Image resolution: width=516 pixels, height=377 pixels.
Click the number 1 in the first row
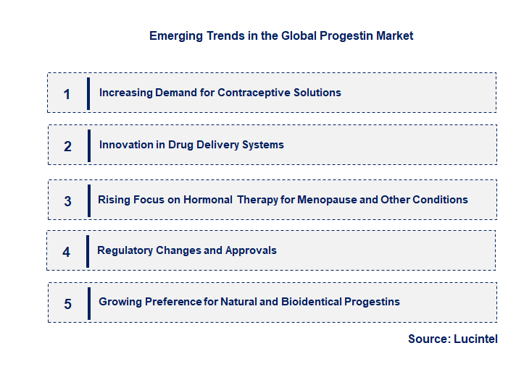(x=67, y=94)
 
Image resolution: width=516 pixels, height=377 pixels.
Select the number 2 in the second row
(x=67, y=146)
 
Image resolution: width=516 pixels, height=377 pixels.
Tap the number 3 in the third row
(x=67, y=201)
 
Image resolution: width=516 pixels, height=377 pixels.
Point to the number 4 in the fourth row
(x=67, y=252)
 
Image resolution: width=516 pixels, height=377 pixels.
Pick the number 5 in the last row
(x=67, y=304)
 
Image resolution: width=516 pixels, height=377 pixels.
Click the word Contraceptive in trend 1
(x=251, y=93)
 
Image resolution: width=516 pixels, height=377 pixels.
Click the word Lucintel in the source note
(x=475, y=339)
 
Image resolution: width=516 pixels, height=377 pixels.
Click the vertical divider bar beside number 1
(x=88, y=93)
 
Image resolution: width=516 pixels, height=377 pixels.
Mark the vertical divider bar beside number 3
(x=88, y=200)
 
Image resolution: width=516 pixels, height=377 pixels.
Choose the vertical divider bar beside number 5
(x=88, y=303)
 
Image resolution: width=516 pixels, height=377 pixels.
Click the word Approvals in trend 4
(x=251, y=250)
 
